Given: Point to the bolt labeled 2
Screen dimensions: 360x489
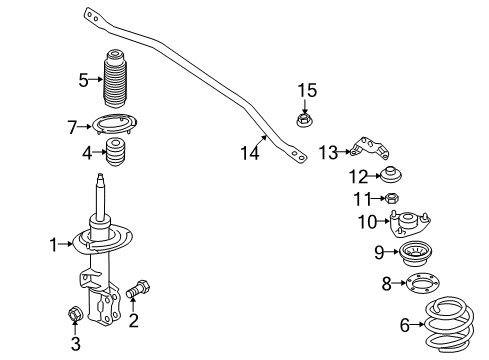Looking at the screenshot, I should (137, 291).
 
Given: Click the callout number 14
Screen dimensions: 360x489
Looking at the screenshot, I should (250, 152).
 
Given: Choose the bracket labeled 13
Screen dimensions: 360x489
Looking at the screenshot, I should (368, 150).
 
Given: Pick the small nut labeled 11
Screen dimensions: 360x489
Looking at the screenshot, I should (393, 198).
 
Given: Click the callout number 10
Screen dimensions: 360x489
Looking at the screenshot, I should (367, 221).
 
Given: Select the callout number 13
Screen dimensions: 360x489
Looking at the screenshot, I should (329, 152).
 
